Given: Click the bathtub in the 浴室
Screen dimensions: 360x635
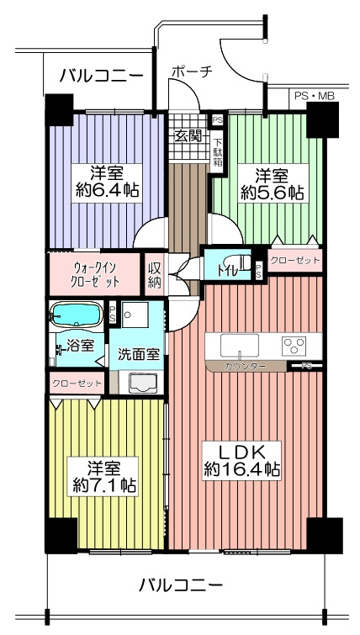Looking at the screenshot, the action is pyautogui.click(x=76, y=315).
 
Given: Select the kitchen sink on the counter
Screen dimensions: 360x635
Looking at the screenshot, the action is pyautogui.click(x=240, y=346).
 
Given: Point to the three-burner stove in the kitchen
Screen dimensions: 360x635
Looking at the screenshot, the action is pyautogui.click(x=294, y=346).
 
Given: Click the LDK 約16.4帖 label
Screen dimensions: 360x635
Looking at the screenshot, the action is pyautogui.click(x=241, y=461).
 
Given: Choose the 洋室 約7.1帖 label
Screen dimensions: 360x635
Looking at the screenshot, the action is pyautogui.click(x=103, y=476).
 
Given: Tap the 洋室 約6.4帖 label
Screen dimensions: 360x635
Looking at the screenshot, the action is pyautogui.click(x=107, y=183).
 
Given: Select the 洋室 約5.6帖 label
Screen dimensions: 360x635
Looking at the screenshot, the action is pyautogui.click(x=273, y=183).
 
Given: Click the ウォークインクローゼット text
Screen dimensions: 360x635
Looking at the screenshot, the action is pyautogui.click(x=97, y=274).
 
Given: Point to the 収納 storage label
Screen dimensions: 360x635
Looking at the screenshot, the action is pyautogui.click(x=154, y=275).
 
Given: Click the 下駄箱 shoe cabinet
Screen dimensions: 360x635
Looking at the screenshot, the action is pyautogui.click(x=218, y=152).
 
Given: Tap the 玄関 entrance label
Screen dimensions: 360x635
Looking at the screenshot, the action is pyautogui.click(x=187, y=135).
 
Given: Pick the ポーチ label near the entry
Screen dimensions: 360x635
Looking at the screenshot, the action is pyautogui.click(x=192, y=71).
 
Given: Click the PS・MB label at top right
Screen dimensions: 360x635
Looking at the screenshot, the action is pyautogui.click(x=311, y=97).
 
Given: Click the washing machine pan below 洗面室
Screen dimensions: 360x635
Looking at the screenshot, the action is pyautogui.click(x=143, y=384).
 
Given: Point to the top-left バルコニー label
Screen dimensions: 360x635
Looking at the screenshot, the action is pyautogui.click(x=101, y=76).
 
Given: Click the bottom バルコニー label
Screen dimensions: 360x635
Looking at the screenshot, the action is pyautogui.click(x=181, y=585).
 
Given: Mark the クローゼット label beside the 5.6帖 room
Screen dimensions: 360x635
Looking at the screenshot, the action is pyautogui.click(x=294, y=260).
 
